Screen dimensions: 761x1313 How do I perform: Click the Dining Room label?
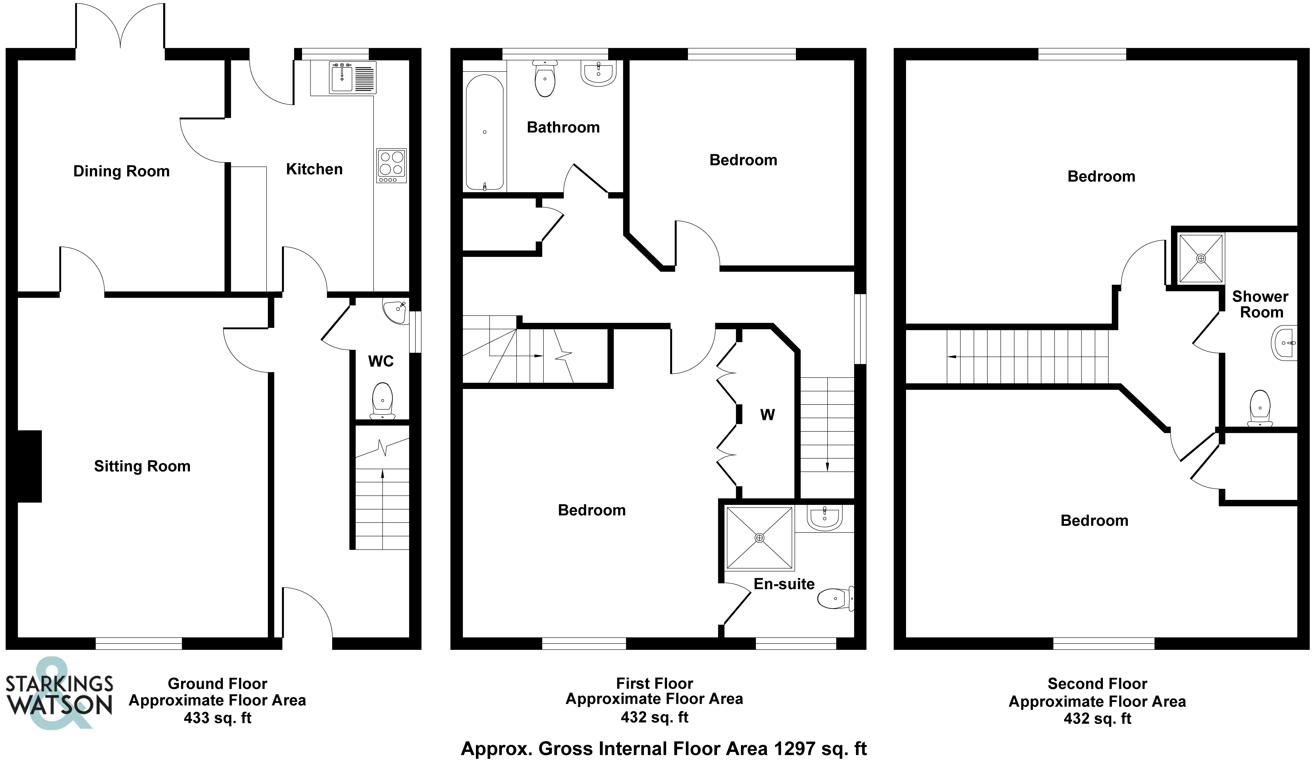click(121, 171)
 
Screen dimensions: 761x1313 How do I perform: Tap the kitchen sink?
click(352, 78)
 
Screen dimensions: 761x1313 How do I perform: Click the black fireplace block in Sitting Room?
click(30, 466)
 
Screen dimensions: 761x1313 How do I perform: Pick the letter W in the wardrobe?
click(767, 415)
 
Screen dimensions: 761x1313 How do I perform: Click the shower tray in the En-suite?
click(759, 538)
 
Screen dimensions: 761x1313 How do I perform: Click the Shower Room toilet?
click(1260, 409)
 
